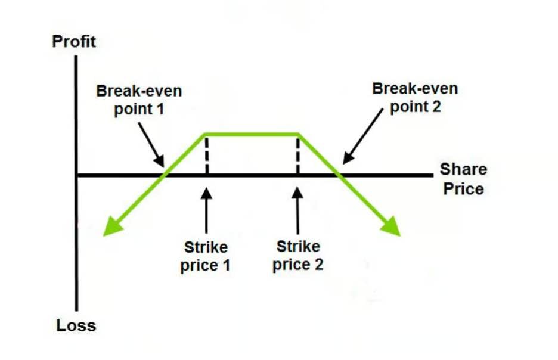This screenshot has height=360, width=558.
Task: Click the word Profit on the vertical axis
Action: [x=74, y=42]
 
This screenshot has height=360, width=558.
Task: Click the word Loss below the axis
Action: [x=76, y=326]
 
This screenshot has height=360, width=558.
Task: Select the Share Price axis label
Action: [x=463, y=179]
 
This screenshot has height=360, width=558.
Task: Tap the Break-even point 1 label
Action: [x=139, y=101]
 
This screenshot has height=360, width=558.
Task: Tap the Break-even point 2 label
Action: [x=415, y=98]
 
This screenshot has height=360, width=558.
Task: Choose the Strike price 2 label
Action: [x=298, y=255]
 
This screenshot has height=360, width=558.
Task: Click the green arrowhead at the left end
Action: [x=110, y=228]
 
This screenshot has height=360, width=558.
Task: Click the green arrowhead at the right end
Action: [x=393, y=228]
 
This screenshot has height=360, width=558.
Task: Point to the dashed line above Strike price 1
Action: [x=206, y=154]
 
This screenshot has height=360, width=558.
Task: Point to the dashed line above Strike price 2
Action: [x=297, y=154]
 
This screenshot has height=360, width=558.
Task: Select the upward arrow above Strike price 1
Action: [x=206, y=212]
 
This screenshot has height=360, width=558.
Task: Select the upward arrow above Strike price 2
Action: [x=297, y=212]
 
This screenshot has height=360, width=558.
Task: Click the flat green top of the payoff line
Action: [x=252, y=134]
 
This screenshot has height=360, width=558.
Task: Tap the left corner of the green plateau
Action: [x=205, y=134]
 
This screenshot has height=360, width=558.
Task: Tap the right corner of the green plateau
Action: [x=298, y=134]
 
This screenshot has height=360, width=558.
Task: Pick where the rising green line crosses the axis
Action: [x=164, y=175]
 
